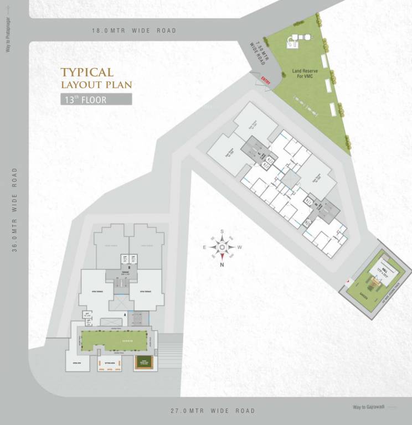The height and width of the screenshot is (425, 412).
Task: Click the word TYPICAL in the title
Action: coord(87,72)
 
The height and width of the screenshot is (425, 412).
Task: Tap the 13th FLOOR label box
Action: coord(95,100)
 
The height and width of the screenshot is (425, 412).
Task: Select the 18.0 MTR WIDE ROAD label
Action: coord(134,30)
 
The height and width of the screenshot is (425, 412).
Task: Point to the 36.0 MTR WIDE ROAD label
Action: coord(16,210)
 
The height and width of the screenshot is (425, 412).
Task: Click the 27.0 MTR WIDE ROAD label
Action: coord(212,411)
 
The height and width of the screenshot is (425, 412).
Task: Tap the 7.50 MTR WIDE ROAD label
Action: coord(259,54)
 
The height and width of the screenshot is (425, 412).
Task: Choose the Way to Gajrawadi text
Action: coord(368,407)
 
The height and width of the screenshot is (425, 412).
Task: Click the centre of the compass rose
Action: coord(222,247)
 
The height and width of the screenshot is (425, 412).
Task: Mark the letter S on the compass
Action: coord(222,232)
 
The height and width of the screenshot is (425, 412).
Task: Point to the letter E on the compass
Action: coord(205,247)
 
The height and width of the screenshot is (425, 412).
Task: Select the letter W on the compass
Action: coord(239,247)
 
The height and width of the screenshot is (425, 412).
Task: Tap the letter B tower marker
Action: coord(128,267)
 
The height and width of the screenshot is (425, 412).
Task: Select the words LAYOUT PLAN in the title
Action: coord(96,85)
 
